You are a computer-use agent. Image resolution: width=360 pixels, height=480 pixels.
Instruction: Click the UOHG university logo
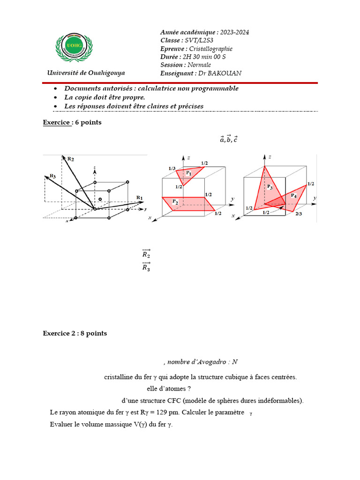pos(75,48)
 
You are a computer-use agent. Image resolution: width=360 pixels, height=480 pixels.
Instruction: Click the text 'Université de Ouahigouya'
pos(86,73)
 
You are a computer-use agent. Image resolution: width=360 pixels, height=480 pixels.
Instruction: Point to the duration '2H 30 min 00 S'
pos(204,57)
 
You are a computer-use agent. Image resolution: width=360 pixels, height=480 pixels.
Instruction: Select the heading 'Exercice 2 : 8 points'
pos(75,333)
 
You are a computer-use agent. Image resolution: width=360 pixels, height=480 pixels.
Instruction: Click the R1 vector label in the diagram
pos(139,197)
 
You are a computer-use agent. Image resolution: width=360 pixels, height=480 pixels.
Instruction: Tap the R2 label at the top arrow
pos(70,159)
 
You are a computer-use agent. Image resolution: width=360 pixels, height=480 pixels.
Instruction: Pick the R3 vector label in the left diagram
pos(52,176)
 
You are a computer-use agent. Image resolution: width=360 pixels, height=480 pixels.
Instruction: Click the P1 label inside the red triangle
pos(188,173)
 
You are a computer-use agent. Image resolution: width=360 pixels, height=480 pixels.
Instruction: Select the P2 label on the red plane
pos(175,202)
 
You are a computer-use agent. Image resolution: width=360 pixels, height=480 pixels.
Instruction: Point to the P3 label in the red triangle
pos(270,187)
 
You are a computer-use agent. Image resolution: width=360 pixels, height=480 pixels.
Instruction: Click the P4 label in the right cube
pos(293,195)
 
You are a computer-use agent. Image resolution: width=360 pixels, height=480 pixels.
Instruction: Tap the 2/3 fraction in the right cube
pos(298,213)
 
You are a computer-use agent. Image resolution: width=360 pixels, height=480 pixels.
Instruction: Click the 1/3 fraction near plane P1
pos(172,168)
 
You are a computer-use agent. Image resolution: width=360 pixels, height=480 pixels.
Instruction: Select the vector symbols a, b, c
pos(229,139)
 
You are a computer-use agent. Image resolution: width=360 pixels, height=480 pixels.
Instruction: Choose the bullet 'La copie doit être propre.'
pos(105,97)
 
